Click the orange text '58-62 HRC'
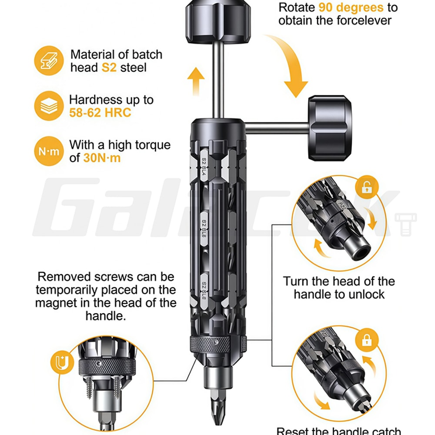click(x=100, y=113)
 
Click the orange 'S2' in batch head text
click(x=109, y=67)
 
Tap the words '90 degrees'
click(x=351, y=7)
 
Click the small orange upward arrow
click(x=196, y=80)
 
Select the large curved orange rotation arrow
click(x=289, y=65)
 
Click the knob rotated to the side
click(x=330, y=129)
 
